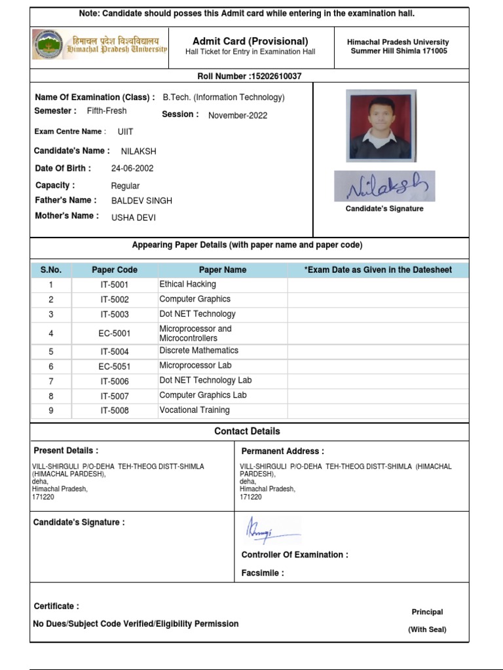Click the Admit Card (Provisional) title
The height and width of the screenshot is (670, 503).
point(250,41)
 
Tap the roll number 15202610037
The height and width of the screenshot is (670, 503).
point(275,77)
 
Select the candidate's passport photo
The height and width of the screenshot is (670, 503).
point(381,126)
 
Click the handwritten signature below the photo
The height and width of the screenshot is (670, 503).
point(384,186)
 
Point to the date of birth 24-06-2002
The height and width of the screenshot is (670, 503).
point(132,168)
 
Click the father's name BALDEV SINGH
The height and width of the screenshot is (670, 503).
point(141,201)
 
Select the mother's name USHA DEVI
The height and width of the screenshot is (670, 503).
point(134,217)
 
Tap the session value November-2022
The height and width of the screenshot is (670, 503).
point(238,116)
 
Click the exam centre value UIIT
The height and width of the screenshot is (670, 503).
point(125,132)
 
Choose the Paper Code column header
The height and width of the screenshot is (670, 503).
point(115,270)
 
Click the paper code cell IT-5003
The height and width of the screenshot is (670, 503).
point(115,315)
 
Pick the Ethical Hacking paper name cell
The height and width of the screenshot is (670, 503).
point(188,285)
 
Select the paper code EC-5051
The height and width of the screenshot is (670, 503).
point(115,366)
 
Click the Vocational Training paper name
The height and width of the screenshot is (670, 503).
point(195,410)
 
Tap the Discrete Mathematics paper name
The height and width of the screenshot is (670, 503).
point(199,351)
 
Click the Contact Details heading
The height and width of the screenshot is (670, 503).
point(247,431)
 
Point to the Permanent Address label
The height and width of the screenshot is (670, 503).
point(282,451)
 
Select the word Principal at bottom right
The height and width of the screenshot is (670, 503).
point(427,612)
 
